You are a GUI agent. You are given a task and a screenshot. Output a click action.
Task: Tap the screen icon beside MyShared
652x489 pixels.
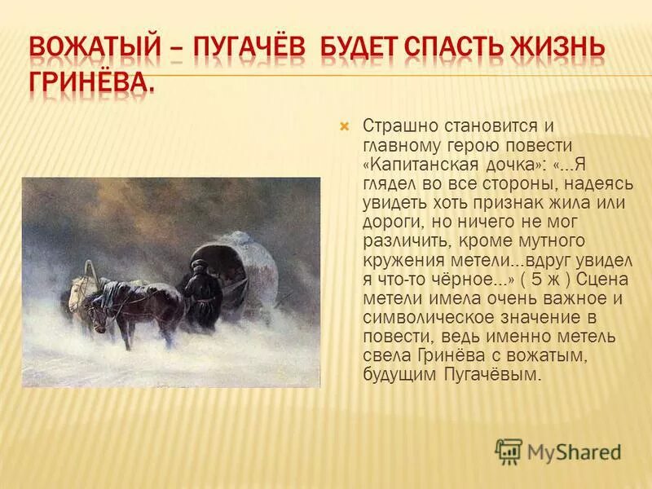click(x=509, y=451)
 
